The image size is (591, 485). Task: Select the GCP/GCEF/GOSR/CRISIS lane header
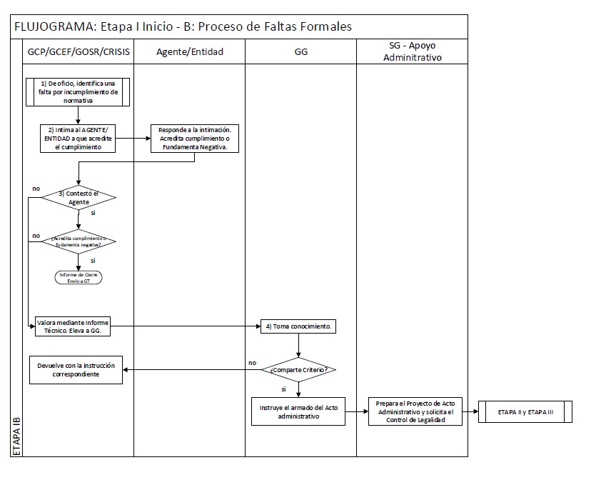click(79, 51)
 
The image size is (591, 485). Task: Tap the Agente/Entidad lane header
click(190, 51)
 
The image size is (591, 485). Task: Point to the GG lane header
click(300, 51)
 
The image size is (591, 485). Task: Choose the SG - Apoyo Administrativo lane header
click(412, 51)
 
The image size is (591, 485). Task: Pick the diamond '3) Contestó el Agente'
click(79, 198)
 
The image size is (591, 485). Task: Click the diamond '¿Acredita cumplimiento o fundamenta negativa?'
click(79, 241)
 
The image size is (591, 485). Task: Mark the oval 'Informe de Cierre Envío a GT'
click(79, 277)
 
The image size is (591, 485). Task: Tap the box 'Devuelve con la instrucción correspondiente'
click(76, 369)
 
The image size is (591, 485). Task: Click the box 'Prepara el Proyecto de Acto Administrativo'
click(415, 412)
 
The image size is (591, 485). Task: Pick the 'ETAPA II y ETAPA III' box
click(525, 412)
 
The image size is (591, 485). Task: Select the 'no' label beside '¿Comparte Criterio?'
click(252, 362)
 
